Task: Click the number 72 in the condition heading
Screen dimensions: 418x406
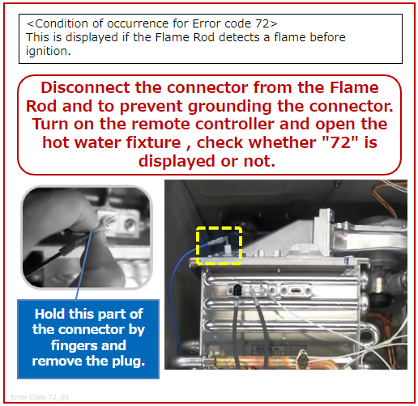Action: (x=262, y=23)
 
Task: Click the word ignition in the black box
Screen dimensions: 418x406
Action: (x=48, y=51)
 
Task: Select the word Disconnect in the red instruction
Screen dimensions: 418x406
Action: (x=85, y=87)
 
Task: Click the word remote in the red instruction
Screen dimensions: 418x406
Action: (x=160, y=124)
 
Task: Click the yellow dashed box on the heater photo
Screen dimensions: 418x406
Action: (x=219, y=227)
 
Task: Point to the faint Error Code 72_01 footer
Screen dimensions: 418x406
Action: (x=40, y=397)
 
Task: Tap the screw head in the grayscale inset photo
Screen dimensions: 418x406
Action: (x=130, y=223)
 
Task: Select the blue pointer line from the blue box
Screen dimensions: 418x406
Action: (x=84, y=264)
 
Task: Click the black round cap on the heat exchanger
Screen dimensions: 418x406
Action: (x=237, y=289)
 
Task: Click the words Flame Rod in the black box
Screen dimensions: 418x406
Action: (x=185, y=37)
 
